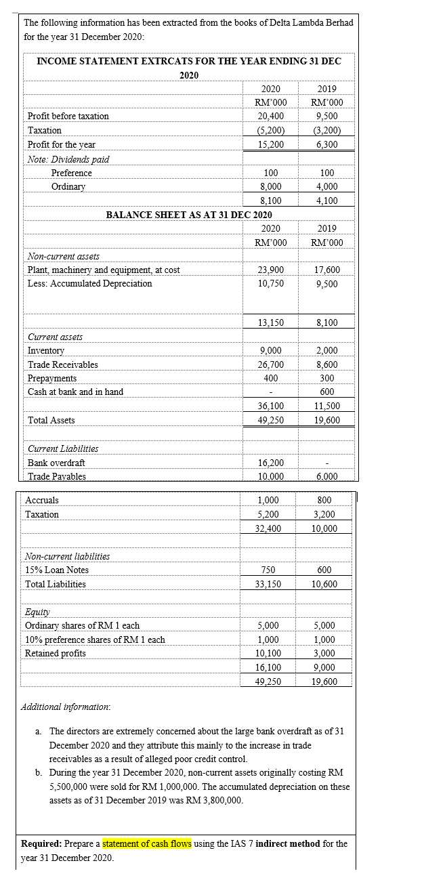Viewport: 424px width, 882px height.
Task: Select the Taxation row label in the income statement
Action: pyautogui.click(x=45, y=130)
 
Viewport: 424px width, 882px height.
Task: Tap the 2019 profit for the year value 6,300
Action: pyautogui.click(x=326, y=144)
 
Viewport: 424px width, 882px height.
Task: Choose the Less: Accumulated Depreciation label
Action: pyautogui.click(x=89, y=283)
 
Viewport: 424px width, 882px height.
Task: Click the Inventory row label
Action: pyautogui.click(x=45, y=350)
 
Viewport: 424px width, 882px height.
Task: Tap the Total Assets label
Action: pyautogui.click(x=51, y=420)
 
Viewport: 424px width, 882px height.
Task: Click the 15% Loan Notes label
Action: pyautogui.click(x=57, y=570)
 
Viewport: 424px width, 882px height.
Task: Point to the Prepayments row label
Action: pyautogui.click(x=52, y=378)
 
